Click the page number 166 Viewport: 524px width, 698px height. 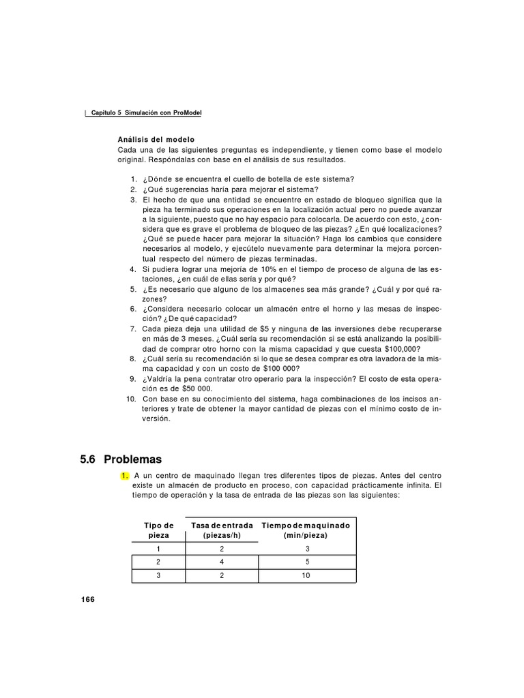point(87,599)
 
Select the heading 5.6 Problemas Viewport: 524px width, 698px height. point(121,460)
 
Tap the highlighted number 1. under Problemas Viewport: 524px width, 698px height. point(125,475)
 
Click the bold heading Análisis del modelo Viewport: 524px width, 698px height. point(156,139)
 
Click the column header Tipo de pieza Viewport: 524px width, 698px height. point(158,530)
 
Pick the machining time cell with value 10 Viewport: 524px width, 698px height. point(306,576)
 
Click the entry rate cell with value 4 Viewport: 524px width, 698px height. point(222,562)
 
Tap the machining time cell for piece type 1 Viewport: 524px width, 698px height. point(306,549)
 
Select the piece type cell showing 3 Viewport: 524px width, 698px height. point(158,576)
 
